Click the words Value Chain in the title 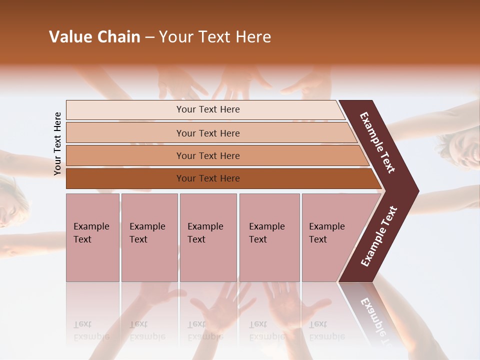coord(94,37)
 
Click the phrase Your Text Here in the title coord(215,37)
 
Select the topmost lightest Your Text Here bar coord(207,109)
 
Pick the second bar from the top coord(207,133)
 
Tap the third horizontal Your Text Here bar coord(207,155)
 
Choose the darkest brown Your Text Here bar coord(207,178)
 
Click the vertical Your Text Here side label coord(57,143)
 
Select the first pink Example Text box coord(92,237)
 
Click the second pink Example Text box coord(149,237)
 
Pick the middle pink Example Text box coord(208,237)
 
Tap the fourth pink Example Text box coord(269,237)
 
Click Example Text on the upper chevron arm coord(378,143)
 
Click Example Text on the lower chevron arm coord(379,236)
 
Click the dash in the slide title coord(149,37)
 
